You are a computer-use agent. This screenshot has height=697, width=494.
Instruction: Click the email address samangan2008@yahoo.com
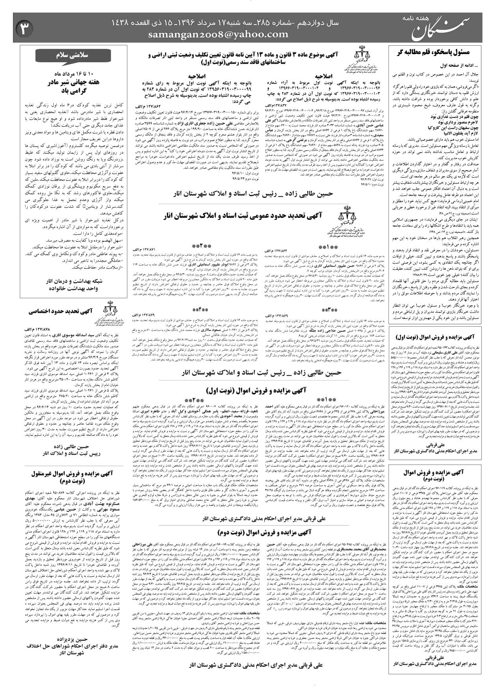[x=218, y=35]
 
